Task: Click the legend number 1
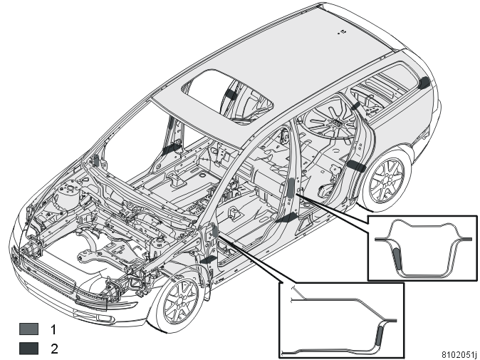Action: point(53,329)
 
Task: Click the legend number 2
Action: point(54,349)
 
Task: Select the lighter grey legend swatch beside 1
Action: point(29,329)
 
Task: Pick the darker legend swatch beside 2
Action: point(29,349)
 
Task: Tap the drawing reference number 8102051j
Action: point(459,354)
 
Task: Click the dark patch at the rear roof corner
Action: point(424,83)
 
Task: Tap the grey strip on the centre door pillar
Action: point(291,187)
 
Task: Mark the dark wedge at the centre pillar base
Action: point(287,217)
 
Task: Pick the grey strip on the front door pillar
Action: point(214,231)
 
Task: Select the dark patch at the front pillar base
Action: point(209,260)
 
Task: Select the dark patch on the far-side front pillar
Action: point(171,148)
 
